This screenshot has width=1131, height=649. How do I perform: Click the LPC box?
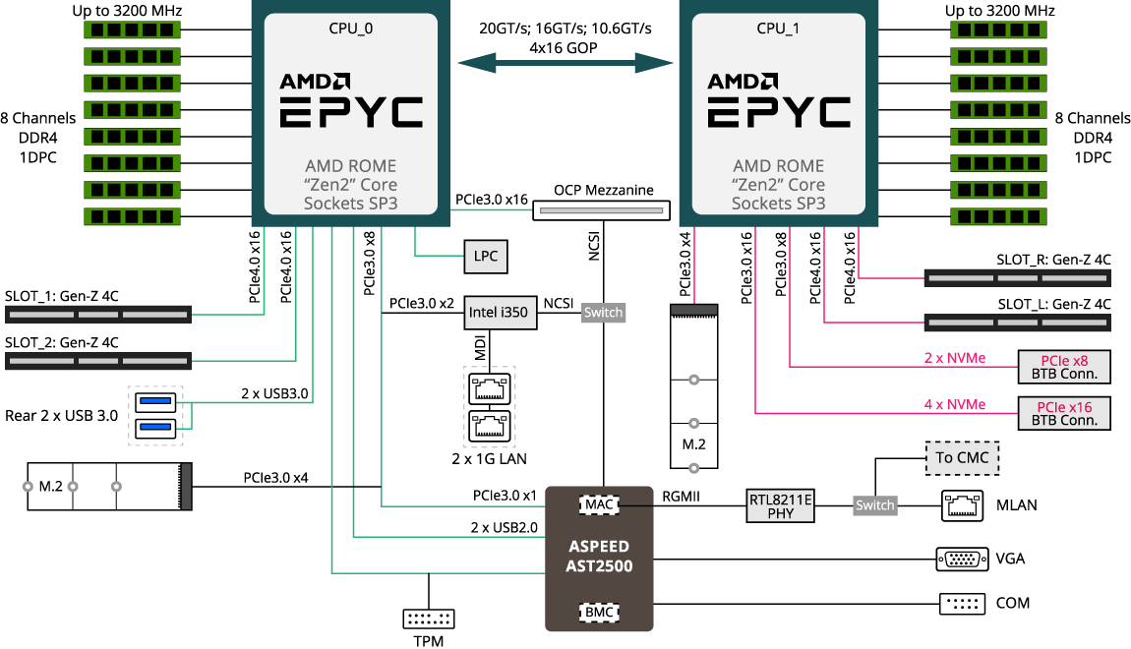point(485,257)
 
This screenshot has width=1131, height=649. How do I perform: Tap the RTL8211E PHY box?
point(781,505)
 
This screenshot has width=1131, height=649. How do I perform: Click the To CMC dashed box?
point(962,458)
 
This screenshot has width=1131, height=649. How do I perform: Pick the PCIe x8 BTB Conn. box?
point(1063,367)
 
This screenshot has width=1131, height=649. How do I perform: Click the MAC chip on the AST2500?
point(598,504)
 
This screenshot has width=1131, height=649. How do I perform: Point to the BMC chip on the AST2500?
point(598,612)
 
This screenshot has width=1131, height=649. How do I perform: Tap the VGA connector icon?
point(961,559)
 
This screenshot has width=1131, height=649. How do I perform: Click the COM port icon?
point(961,603)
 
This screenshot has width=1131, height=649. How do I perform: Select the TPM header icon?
point(429,619)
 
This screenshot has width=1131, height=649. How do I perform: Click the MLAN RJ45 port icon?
point(961,504)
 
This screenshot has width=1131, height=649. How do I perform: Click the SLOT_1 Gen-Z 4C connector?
point(98,316)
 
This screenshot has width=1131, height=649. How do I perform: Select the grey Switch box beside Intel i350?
point(603,313)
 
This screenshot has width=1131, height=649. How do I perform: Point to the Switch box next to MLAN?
point(874,505)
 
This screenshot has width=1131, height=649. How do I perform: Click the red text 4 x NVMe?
point(954,404)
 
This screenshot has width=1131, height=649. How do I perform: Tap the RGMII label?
point(681,498)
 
